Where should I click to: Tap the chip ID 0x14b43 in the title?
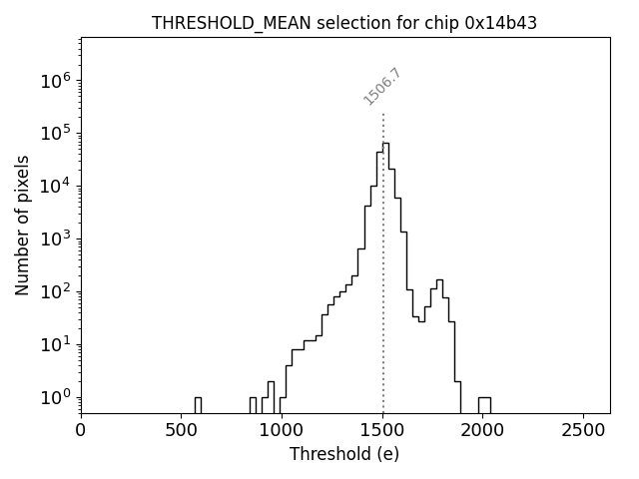point(501,23)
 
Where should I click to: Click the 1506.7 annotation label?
point(382,87)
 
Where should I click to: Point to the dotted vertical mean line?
point(383,299)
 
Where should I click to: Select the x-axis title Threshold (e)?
point(344,454)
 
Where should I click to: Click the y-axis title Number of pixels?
point(23,225)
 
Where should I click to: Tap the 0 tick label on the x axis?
point(81,430)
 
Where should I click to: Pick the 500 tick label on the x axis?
point(182,430)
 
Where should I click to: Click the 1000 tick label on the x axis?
point(282,430)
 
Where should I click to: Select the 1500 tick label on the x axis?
point(382,430)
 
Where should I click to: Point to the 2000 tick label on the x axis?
point(483,430)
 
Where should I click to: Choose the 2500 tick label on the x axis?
point(583,430)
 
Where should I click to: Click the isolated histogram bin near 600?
point(198,404)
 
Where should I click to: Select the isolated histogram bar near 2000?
point(484,404)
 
